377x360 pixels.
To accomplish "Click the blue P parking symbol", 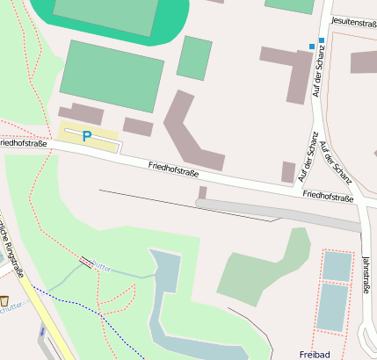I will [86, 136].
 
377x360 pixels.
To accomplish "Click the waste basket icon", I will [4, 299].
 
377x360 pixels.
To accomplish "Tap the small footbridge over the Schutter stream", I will [86, 262].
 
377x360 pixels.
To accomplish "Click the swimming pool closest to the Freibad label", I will [332, 307].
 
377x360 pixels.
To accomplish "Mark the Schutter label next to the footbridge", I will [102, 266].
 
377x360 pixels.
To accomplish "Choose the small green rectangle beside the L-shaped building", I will [194, 57].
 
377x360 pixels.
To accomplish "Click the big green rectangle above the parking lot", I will [111, 76].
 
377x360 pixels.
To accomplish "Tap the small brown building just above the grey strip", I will [202, 192].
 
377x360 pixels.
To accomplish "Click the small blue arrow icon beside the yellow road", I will [41, 331].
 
